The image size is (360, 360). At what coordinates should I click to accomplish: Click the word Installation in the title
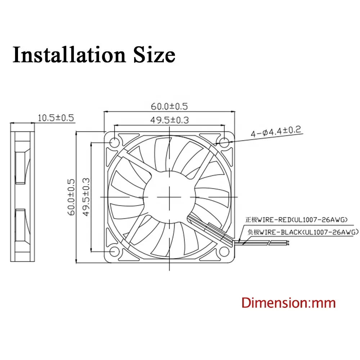[x=65, y=55]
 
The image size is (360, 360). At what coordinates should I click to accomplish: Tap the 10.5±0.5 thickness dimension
[x=55, y=118]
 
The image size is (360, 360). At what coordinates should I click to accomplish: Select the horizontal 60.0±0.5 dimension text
[x=170, y=106]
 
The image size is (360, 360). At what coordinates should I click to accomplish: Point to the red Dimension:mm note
[x=288, y=302]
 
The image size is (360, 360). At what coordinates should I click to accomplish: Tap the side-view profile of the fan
[x=23, y=196]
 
